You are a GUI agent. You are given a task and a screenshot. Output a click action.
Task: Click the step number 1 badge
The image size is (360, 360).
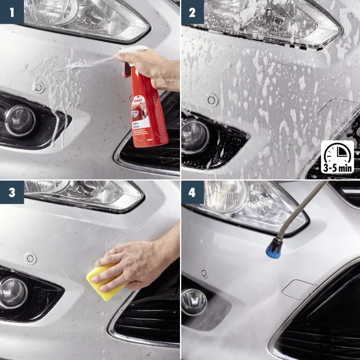11,11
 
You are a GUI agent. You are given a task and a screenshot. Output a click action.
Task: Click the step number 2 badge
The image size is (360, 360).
192,11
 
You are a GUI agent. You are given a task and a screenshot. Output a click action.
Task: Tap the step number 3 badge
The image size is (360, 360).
11,192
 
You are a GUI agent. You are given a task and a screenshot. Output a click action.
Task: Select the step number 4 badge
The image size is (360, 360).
192,192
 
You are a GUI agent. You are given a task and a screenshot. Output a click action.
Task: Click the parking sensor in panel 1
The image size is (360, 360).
39,87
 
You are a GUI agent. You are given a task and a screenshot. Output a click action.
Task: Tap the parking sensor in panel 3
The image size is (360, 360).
30,258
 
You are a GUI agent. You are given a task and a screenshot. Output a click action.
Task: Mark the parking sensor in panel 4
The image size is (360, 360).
204,273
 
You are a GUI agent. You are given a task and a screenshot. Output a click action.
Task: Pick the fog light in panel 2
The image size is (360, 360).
195,135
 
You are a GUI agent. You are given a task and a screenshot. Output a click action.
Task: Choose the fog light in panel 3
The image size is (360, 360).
13,292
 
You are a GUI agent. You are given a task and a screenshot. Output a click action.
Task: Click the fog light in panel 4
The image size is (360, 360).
194,301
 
